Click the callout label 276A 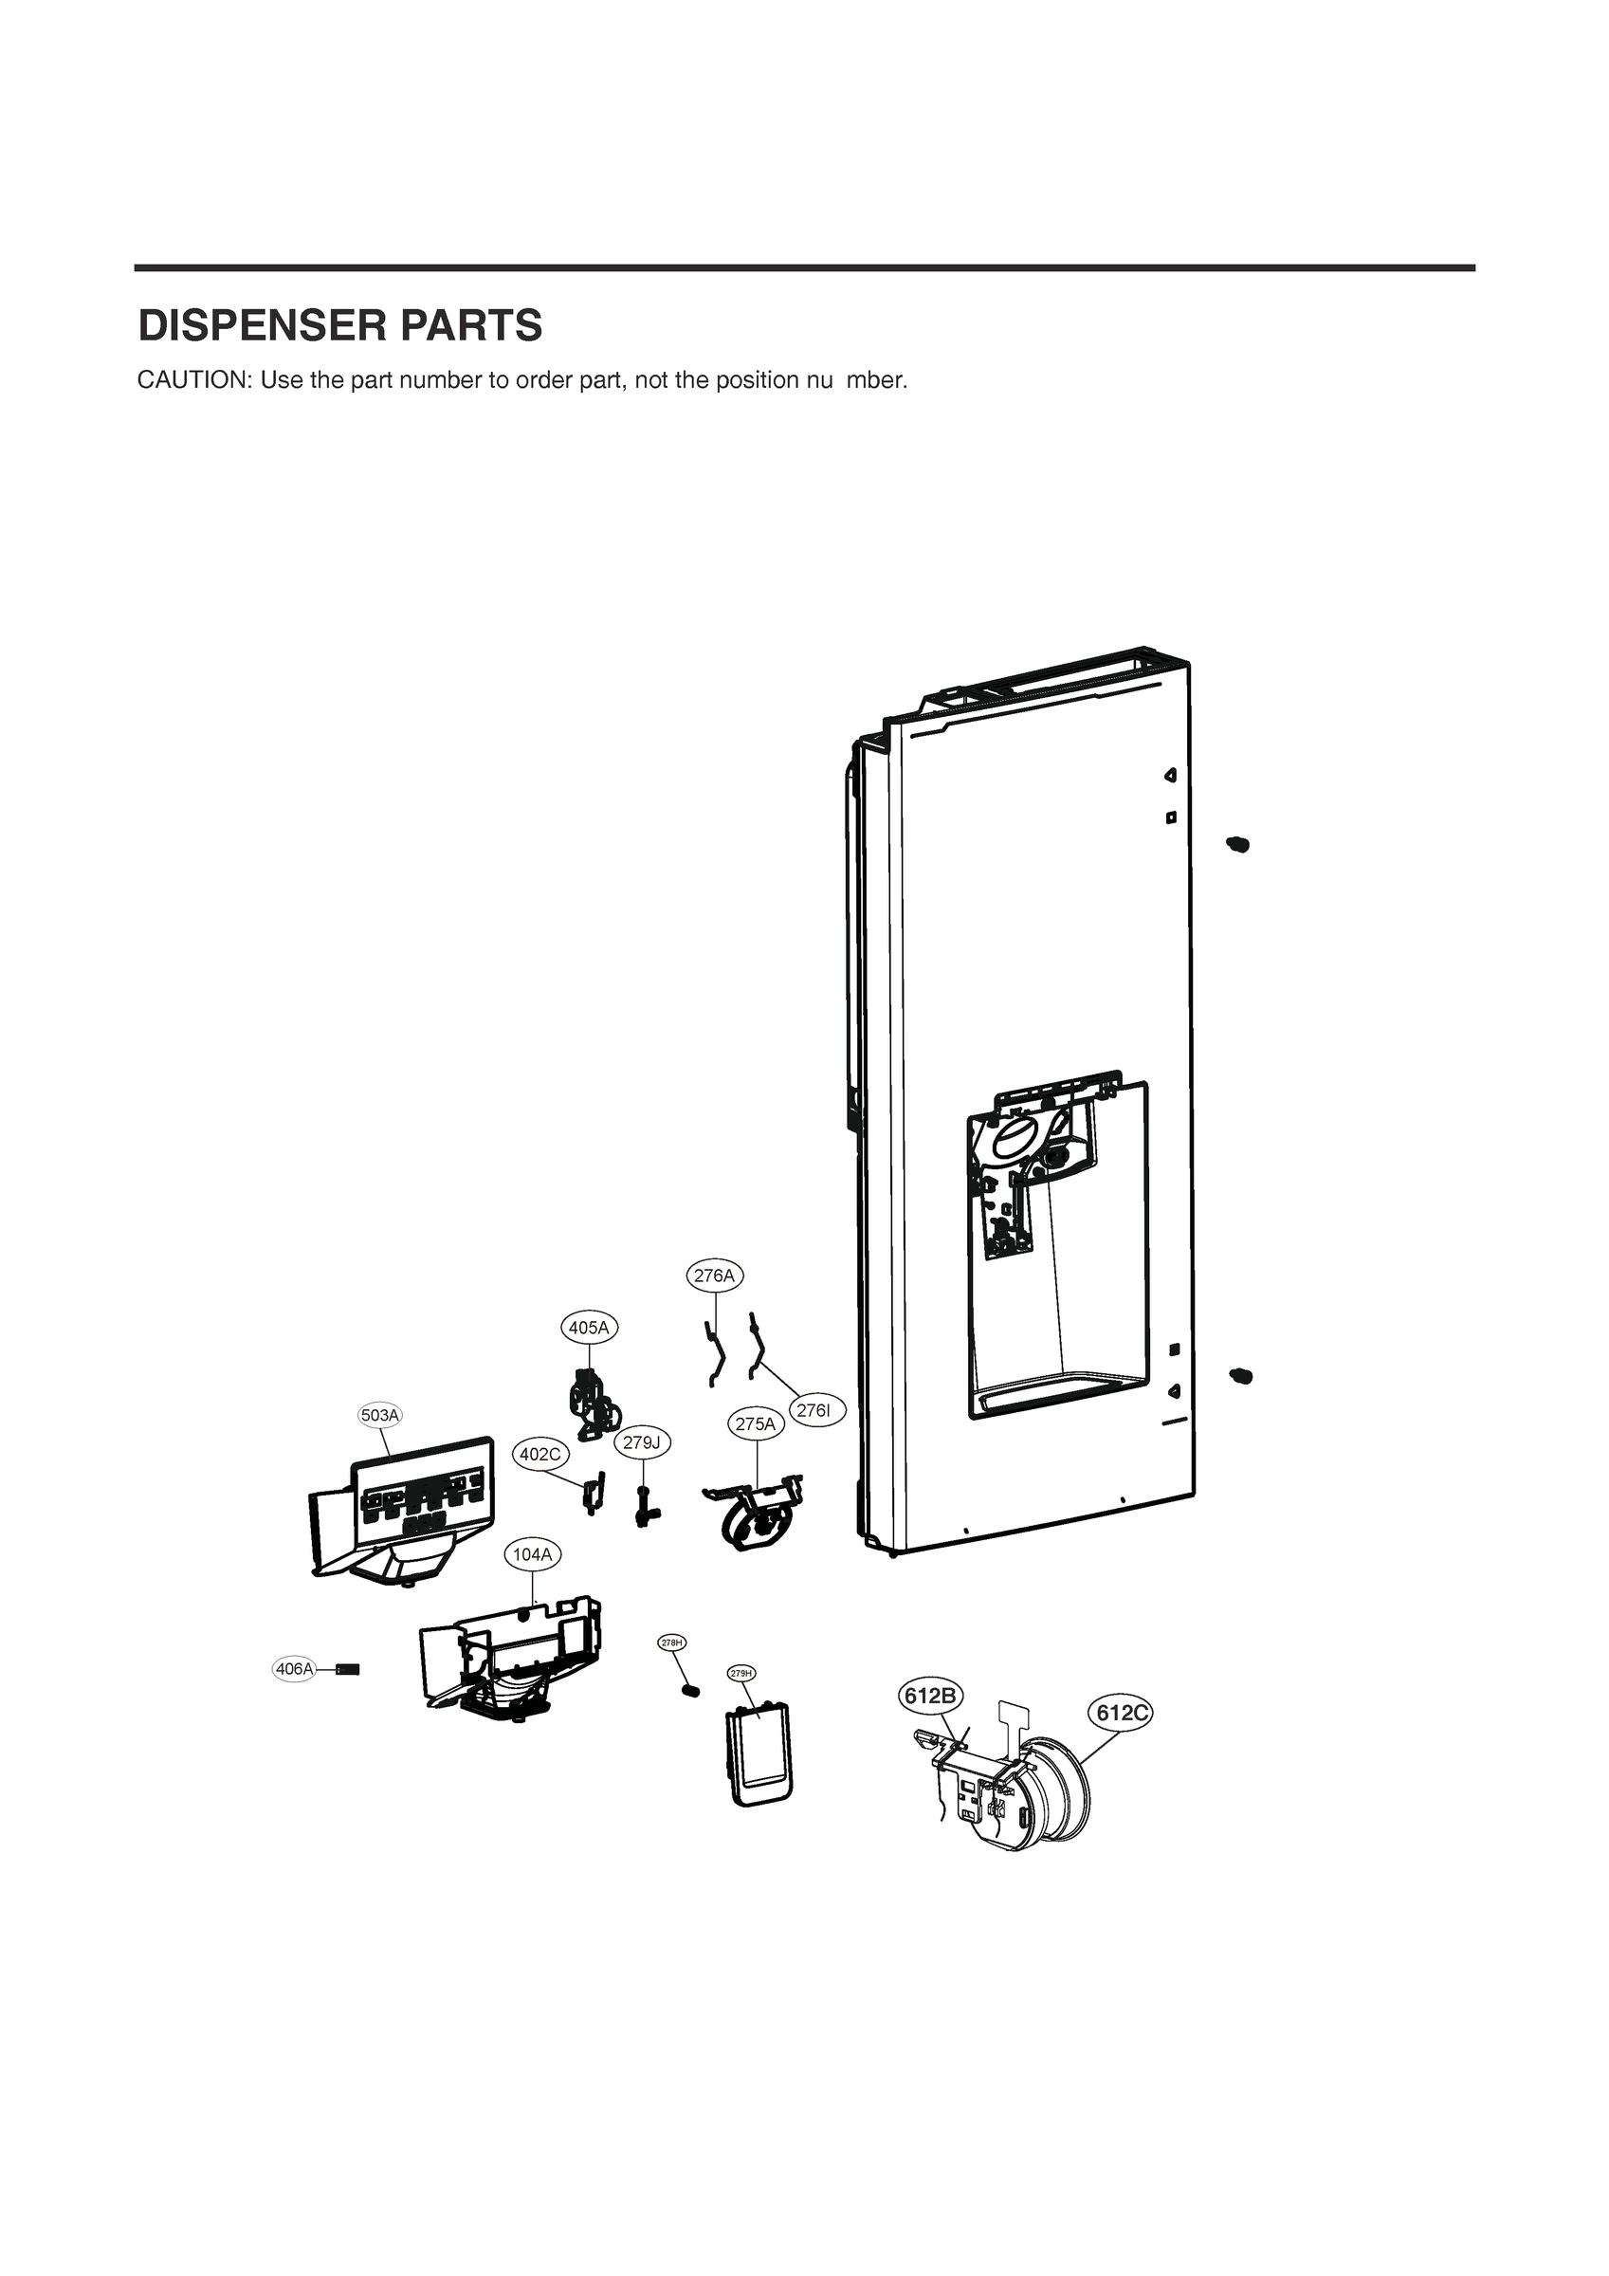point(715,1276)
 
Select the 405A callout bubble point(589,1328)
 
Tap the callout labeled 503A point(379,1416)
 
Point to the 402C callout point(540,1454)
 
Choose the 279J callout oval point(641,1442)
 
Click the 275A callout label point(756,1424)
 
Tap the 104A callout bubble point(532,1554)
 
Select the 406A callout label point(295,1669)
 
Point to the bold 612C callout point(1123,1713)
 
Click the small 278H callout point(672,1643)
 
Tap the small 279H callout point(741,1673)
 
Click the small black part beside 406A point(348,1669)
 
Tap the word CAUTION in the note point(192,380)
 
